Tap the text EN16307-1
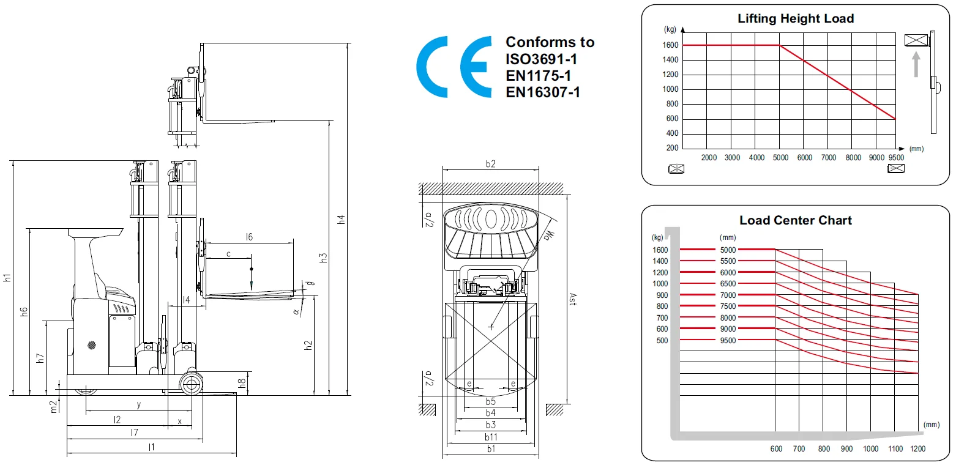point(542,92)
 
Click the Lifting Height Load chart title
point(795,19)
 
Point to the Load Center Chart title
point(795,220)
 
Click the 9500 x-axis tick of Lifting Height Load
point(895,158)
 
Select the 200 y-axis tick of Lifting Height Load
point(672,148)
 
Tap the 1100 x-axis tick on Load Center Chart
point(895,449)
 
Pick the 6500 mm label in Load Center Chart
point(728,284)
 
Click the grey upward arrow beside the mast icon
point(916,64)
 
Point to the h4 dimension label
point(342,219)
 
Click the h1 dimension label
point(7,277)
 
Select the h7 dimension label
point(40,358)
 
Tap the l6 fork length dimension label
point(248,237)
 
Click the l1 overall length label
point(151,447)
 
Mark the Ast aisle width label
point(572,300)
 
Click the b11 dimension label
point(490,436)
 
